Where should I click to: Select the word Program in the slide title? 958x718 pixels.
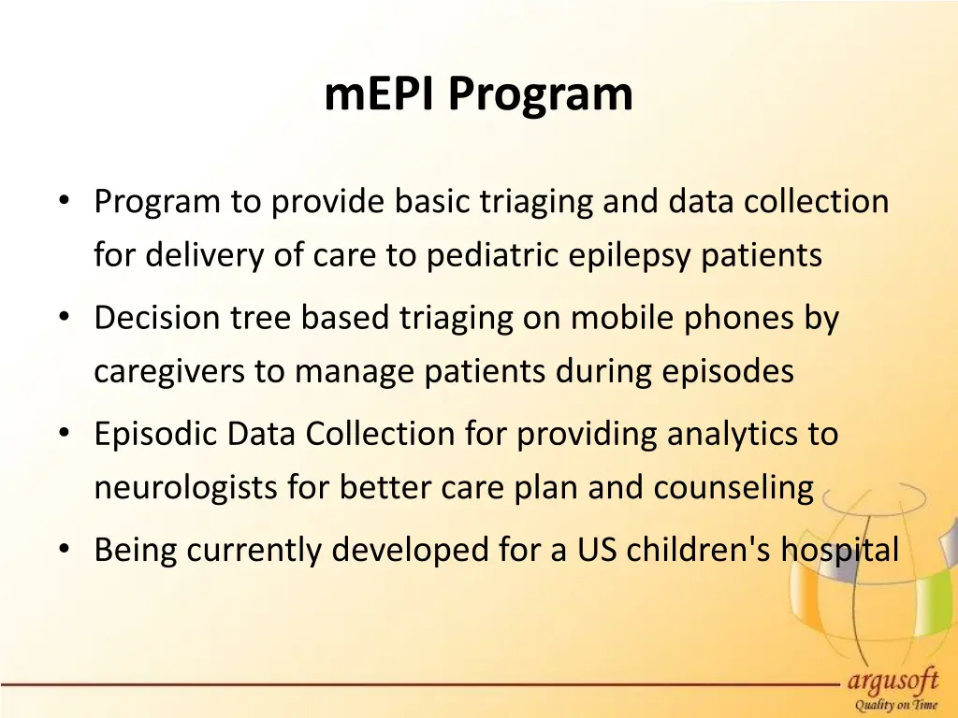(x=540, y=95)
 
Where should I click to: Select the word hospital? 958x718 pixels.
(x=840, y=552)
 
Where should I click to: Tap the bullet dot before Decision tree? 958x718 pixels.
(x=63, y=319)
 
